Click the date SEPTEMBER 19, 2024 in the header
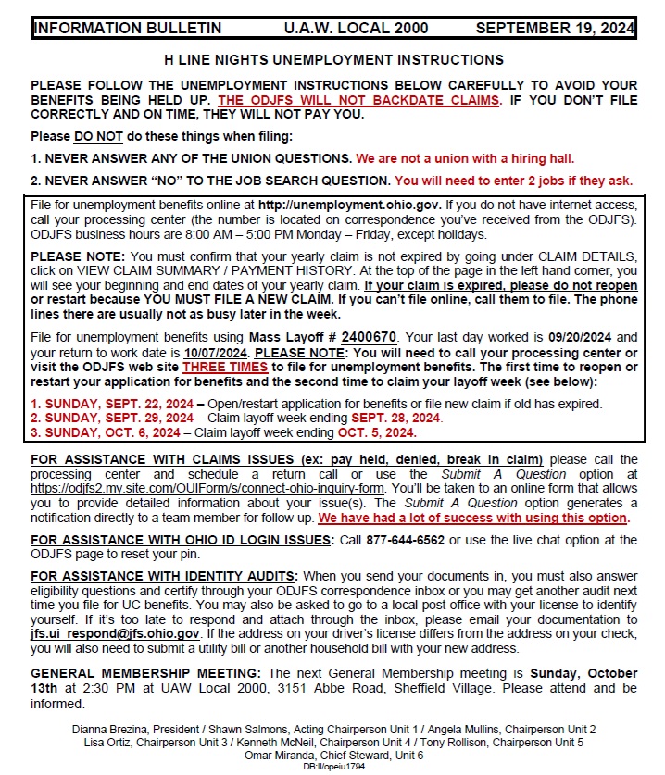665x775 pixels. point(554,29)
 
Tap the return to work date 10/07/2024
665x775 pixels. point(215,354)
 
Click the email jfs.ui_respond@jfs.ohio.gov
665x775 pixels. point(116,634)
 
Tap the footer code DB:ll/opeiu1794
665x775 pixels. point(334,767)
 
